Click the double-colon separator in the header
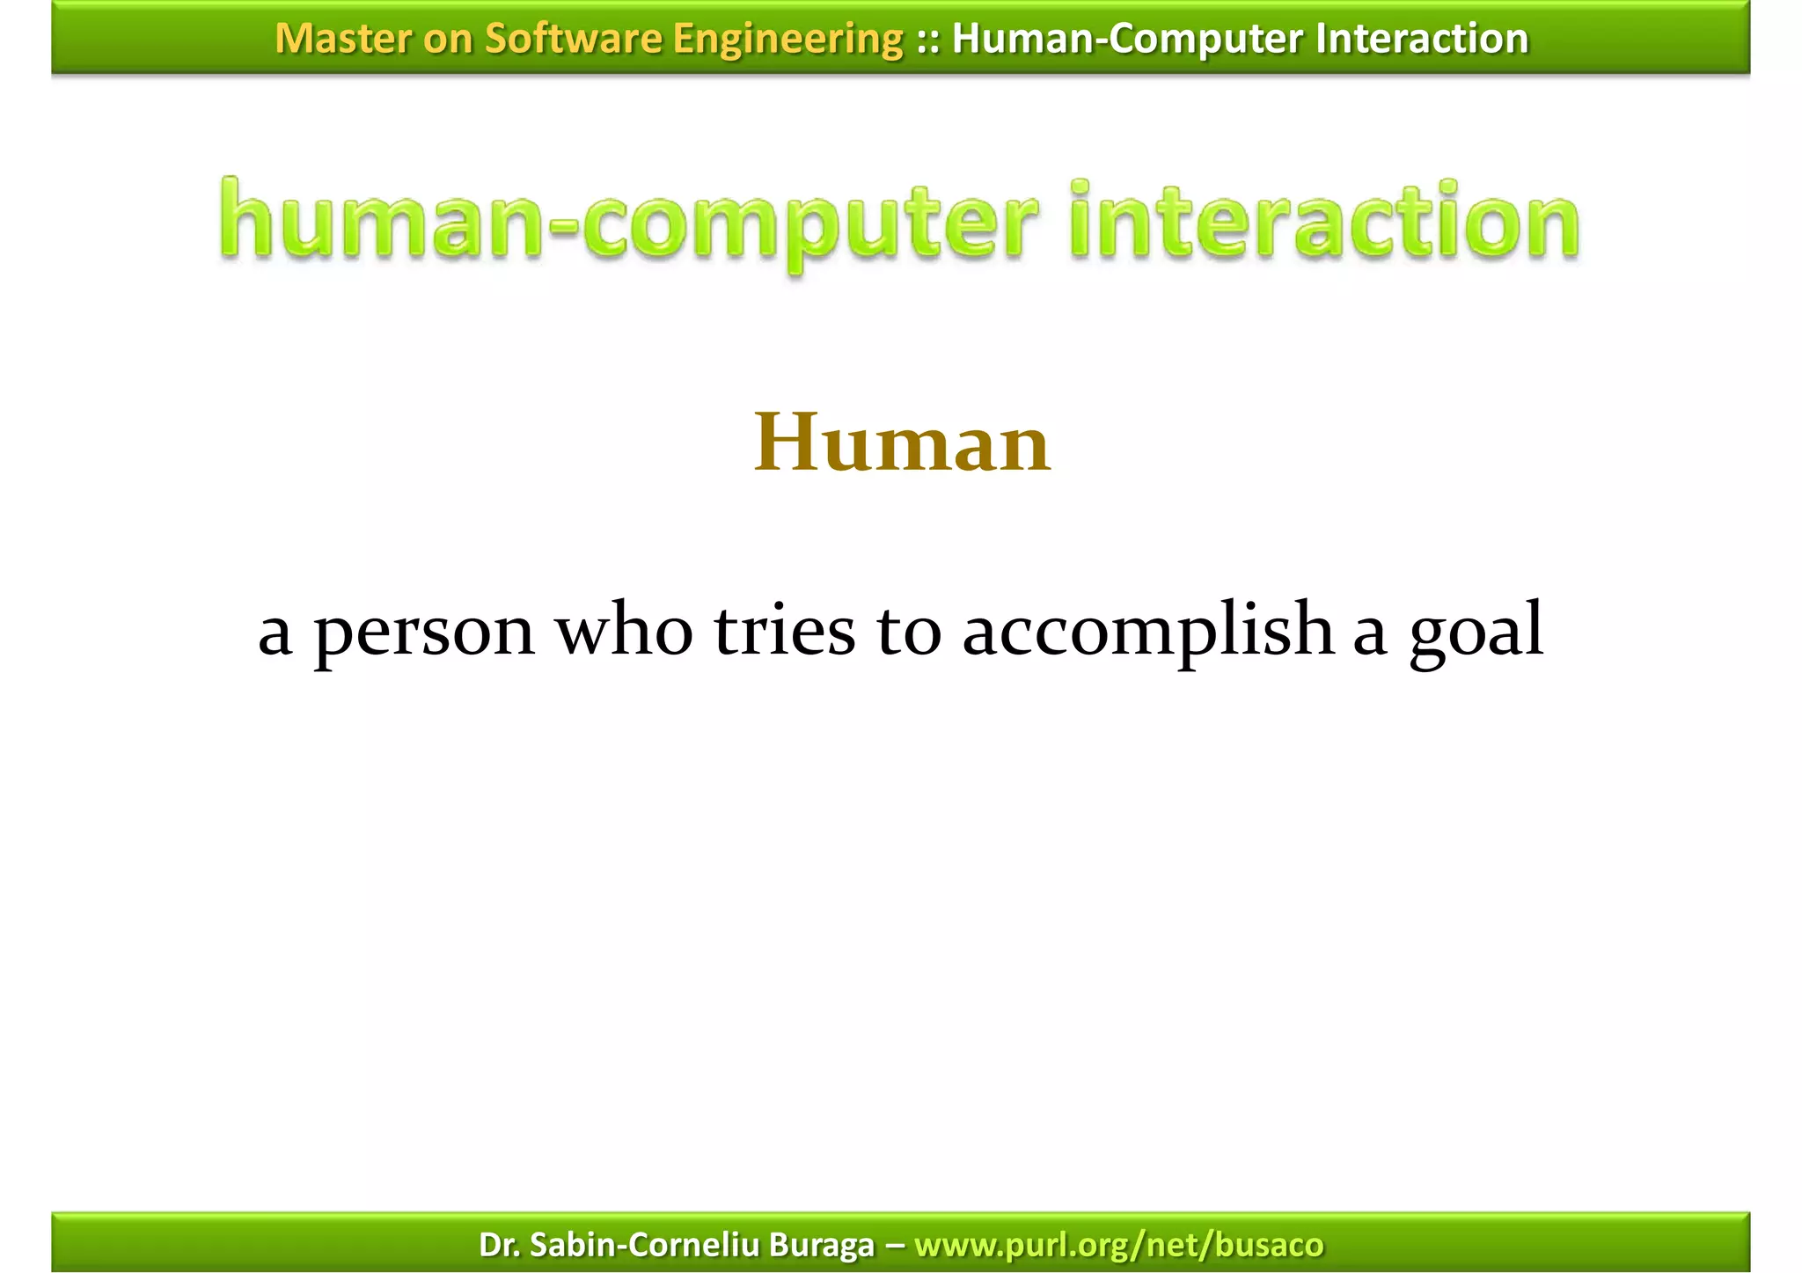927,40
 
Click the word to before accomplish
909,632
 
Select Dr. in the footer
499,1245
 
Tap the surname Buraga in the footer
821,1245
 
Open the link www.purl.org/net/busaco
1118,1245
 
